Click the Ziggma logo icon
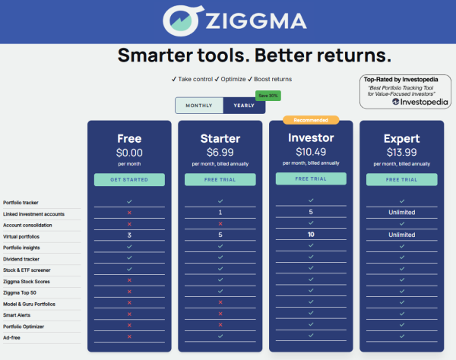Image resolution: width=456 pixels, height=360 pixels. coord(182,21)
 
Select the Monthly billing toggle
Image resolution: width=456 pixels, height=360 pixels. coord(199,106)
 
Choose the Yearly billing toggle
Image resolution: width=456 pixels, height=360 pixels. coord(244,106)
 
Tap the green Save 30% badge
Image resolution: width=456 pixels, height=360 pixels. coord(268,96)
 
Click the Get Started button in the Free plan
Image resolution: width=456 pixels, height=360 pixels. coord(129,179)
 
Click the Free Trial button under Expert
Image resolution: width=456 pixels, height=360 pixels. coord(401,179)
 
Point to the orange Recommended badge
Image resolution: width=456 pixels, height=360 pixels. coord(311,120)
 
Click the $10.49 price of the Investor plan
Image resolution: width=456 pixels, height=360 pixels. coord(311,152)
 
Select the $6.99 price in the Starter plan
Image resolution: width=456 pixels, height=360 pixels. coord(220,152)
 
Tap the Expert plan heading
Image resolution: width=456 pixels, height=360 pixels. coord(401,138)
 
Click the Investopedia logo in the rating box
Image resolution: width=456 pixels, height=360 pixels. coord(420,102)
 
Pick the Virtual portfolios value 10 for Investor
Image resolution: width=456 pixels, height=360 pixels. coord(311,235)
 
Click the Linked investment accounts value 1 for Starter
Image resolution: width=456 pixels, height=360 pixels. coord(220,213)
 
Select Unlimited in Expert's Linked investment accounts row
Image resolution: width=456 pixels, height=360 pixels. coord(401,213)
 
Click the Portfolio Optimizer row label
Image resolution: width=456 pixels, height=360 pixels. coord(24,327)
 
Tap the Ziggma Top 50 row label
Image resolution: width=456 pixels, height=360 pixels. coord(20,292)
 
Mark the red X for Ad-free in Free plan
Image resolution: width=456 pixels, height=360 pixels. coord(129,336)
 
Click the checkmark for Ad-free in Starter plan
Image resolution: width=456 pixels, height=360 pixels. coord(220,336)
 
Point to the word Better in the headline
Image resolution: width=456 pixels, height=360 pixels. coord(283,55)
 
